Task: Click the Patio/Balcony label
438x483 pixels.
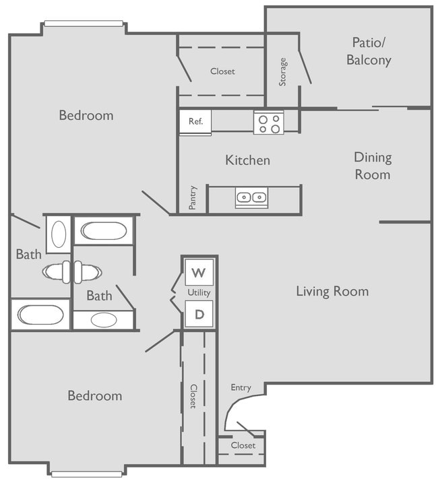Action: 369,51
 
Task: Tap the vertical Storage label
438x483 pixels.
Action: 283,71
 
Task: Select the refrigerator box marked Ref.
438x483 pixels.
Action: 195,122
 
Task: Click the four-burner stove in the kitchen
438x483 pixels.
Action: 268,122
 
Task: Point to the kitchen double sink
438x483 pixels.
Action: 251,197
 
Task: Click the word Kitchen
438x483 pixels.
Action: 247,160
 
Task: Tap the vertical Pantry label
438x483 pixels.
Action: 193,197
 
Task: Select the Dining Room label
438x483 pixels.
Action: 373,166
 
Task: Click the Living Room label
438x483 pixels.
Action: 332,291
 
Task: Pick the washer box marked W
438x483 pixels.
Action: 199,273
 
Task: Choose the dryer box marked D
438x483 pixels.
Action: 199,314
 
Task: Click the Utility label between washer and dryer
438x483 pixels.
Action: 199,293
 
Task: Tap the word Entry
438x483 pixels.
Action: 241,387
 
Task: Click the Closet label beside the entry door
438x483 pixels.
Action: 243,445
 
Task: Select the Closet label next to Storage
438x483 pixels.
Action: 222,71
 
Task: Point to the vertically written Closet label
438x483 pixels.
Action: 193,396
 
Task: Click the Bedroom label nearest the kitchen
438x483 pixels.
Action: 86,115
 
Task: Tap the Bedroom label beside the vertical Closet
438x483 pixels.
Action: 95,395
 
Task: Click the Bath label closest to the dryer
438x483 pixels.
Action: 99,296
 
